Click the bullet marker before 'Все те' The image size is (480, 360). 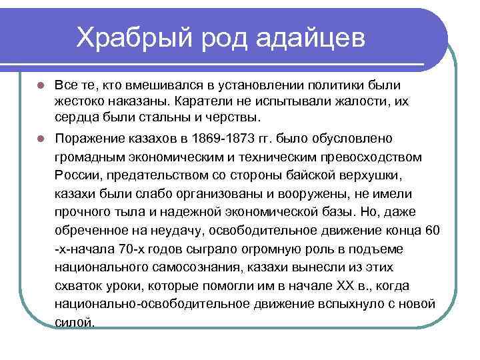40,86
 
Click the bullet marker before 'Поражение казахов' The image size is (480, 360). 40,139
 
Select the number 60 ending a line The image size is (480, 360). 433,231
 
